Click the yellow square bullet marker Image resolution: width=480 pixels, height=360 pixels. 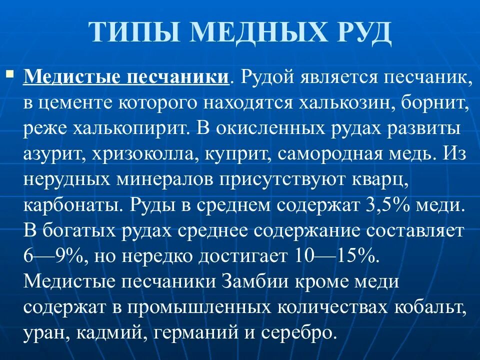coord(9,74)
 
